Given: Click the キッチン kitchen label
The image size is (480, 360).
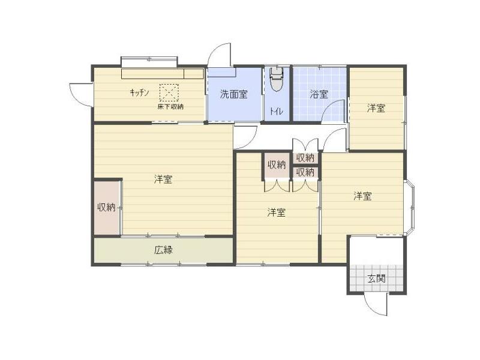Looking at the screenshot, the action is point(139,92).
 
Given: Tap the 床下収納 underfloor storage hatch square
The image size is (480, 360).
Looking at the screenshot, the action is point(169,92).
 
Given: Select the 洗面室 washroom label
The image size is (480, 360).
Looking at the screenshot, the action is point(234,94).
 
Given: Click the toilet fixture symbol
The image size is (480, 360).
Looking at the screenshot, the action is point(277,79).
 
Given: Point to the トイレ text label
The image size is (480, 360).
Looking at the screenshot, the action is point(276,112).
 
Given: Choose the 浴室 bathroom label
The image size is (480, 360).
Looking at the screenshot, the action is point(319,94).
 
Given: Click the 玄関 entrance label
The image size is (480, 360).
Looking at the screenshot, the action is point(376,278).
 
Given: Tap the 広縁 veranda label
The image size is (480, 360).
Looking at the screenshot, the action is point(163,250).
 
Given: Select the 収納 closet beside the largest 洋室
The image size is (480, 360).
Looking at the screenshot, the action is point(107,208).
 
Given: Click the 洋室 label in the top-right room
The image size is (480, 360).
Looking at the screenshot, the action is point(376,108).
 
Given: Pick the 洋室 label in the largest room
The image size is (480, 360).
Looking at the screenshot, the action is point(163,179).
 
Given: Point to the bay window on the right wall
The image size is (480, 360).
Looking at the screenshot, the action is point(410,208).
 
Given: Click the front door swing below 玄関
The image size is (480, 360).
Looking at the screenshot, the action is point(376,304).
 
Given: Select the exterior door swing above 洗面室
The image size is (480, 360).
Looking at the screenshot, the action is point(219,55).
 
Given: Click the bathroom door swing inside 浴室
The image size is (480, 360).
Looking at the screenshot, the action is point(334,111).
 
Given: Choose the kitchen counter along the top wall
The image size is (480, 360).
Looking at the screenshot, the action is point(163,74).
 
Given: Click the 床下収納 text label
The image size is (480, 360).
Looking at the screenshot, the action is point(170,107).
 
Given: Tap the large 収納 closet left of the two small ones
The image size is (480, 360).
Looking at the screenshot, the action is point(277,166).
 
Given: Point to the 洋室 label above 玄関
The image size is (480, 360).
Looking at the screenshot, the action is point(363,196).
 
